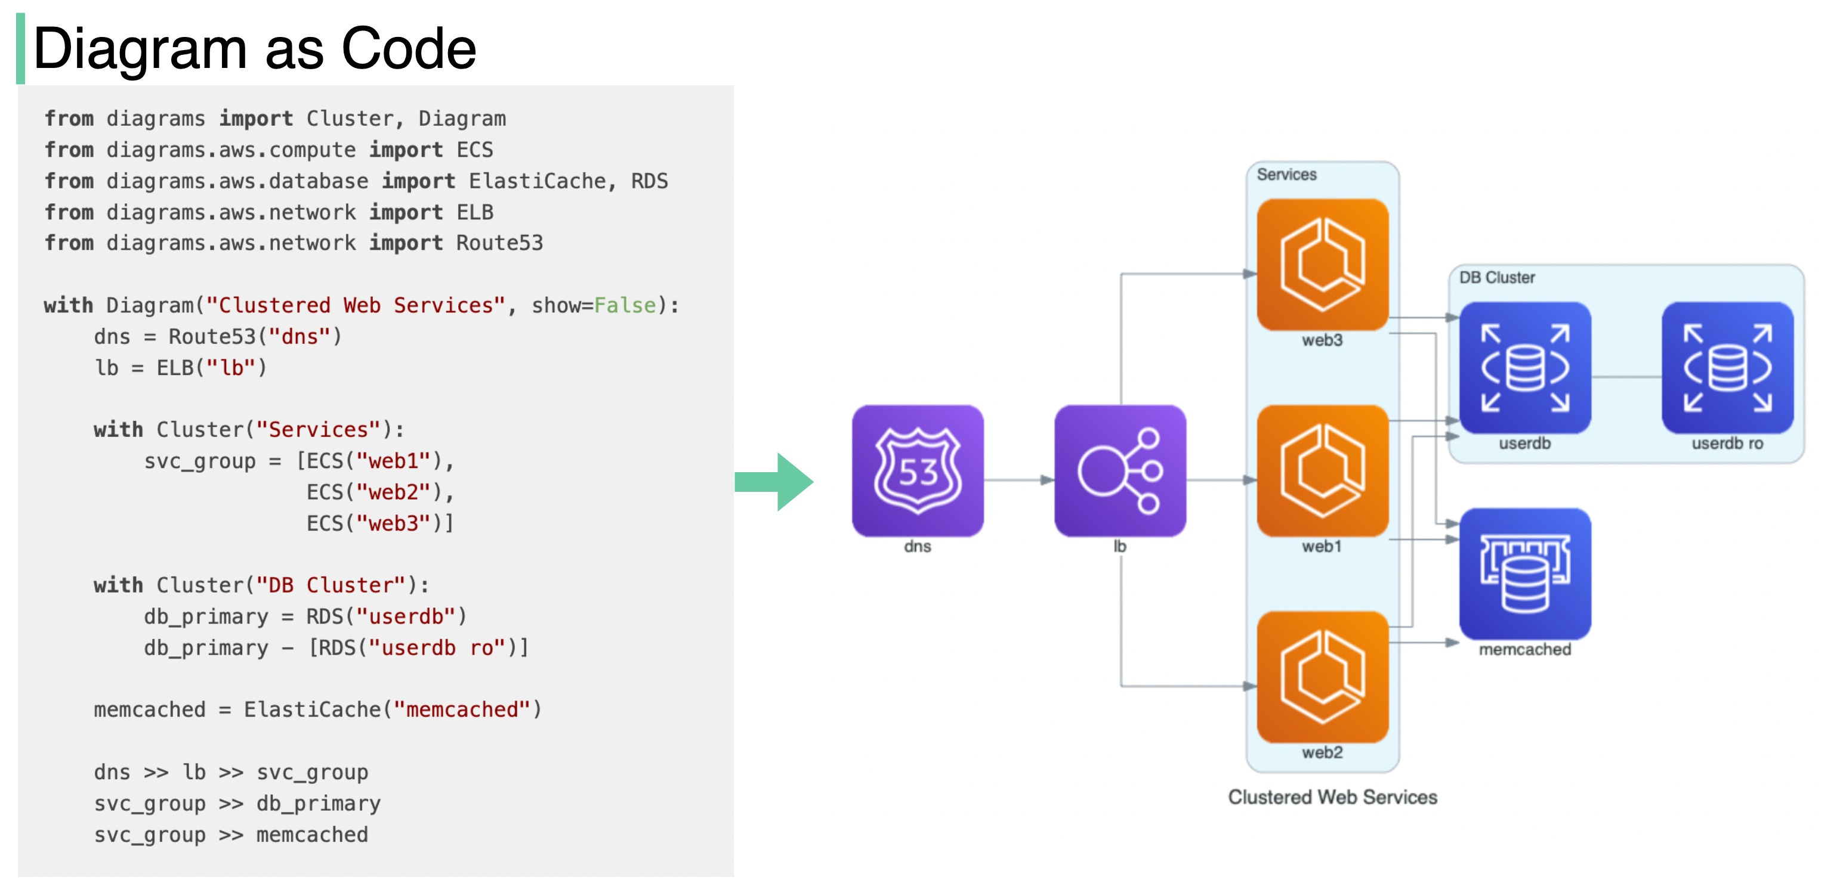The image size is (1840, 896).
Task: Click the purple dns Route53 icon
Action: (x=917, y=470)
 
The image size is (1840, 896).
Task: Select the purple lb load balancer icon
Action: (x=1119, y=470)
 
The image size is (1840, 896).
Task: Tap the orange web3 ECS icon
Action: (x=1322, y=264)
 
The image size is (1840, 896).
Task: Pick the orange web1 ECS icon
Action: (x=1322, y=470)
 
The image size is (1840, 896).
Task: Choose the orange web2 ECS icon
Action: (x=1322, y=676)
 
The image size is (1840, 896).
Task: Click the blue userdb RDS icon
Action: (x=1525, y=368)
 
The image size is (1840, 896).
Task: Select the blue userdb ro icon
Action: (x=1727, y=368)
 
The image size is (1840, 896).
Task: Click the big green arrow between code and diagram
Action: (x=775, y=482)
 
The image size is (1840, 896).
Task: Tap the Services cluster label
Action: (x=1286, y=175)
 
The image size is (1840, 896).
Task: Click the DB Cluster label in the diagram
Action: (x=1496, y=278)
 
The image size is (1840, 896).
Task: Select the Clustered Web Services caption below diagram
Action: (x=1332, y=797)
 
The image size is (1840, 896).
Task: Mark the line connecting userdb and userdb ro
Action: (x=1626, y=377)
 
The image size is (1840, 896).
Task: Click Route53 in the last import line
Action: (x=499, y=243)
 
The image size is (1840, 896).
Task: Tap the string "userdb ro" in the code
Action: (x=437, y=647)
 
